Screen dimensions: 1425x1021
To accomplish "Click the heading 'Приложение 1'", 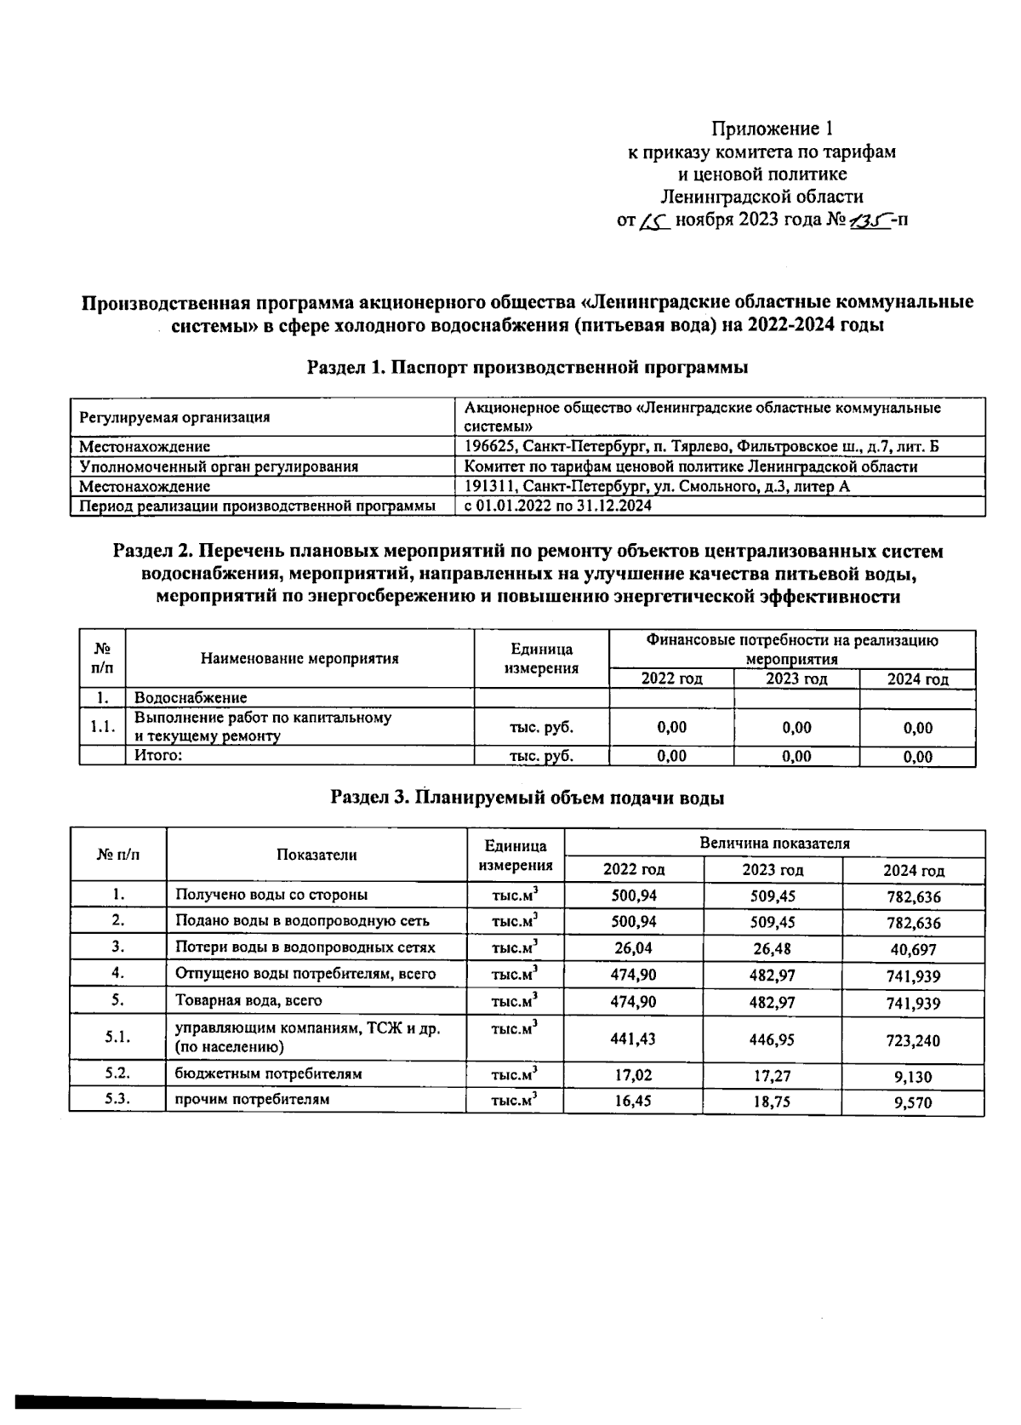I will tap(771, 129).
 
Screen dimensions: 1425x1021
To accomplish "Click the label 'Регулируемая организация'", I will tap(174, 417).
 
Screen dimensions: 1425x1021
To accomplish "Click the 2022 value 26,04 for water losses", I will tap(633, 947).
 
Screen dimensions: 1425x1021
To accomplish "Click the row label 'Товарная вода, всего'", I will tap(248, 1001).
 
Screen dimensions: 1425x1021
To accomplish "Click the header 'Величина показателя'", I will tap(774, 844).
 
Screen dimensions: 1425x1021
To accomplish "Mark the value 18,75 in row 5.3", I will tap(772, 1101).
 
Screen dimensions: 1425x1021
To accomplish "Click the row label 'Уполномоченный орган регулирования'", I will tap(218, 466).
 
